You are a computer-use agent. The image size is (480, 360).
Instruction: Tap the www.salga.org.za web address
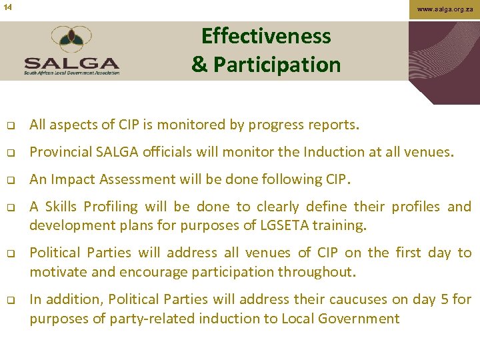coord(444,9)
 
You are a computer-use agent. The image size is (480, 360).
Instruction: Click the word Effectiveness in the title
coord(266,36)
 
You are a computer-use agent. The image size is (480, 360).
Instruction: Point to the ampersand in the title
coord(199,65)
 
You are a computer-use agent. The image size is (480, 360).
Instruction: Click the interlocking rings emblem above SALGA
coord(71,40)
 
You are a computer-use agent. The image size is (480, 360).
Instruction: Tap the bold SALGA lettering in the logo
coord(71,63)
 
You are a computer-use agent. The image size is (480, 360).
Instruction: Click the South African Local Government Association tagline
coord(71,73)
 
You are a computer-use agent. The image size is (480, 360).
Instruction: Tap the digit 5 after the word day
coord(445,299)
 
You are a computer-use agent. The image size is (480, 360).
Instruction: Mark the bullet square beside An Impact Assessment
coord(11,180)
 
